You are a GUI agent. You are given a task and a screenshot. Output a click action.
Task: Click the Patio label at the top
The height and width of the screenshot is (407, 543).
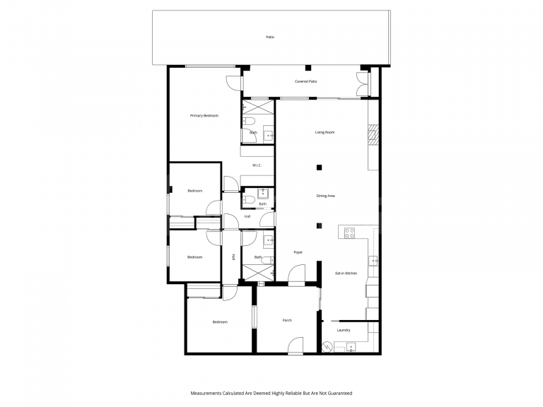click(x=270, y=37)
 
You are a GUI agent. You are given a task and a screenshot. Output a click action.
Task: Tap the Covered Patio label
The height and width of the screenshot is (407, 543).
click(x=305, y=81)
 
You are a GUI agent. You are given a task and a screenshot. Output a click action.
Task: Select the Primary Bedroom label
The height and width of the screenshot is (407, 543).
click(x=204, y=116)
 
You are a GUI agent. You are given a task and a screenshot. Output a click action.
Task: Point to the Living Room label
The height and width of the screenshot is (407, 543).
click(x=325, y=132)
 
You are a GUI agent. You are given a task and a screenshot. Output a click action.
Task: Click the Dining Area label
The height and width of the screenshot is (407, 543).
click(x=325, y=196)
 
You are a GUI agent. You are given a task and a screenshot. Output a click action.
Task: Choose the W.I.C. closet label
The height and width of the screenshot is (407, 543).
click(x=257, y=165)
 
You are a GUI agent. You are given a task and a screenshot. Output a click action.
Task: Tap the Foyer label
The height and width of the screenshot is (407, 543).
click(x=298, y=252)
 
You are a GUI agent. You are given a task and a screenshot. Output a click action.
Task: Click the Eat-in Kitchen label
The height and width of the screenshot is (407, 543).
click(x=346, y=273)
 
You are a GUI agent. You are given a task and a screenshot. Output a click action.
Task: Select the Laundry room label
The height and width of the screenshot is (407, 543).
click(x=344, y=330)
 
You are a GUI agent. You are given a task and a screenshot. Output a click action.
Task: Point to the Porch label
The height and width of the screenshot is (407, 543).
click(x=287, y=321)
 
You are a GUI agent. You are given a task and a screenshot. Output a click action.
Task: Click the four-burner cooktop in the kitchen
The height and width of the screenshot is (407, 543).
click(x=349, y=233)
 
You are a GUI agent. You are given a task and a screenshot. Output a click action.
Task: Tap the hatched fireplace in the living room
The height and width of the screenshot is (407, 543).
click(x=373, y=135)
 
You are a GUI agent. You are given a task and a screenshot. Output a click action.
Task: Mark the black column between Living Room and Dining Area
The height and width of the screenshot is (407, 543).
click(x=320, y=167)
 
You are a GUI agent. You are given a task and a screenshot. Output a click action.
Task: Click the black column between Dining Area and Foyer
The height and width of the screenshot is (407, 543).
click(x=320, y=226)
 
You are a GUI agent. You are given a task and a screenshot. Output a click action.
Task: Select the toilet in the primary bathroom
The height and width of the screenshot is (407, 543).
click(x=249, y=121)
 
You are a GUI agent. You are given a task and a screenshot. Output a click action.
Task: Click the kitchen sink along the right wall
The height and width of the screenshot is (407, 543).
click(x=373, y=260)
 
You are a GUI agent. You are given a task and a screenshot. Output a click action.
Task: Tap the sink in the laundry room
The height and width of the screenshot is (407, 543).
click(x=351, y=347)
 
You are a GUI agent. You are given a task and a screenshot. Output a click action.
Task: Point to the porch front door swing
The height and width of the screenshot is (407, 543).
click(x=296, y=345)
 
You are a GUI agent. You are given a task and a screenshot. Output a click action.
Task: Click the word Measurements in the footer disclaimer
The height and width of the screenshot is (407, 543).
click(x=206, y=393)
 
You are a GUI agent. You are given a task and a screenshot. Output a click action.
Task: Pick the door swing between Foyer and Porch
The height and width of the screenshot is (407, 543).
click(x=296, y=274)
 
